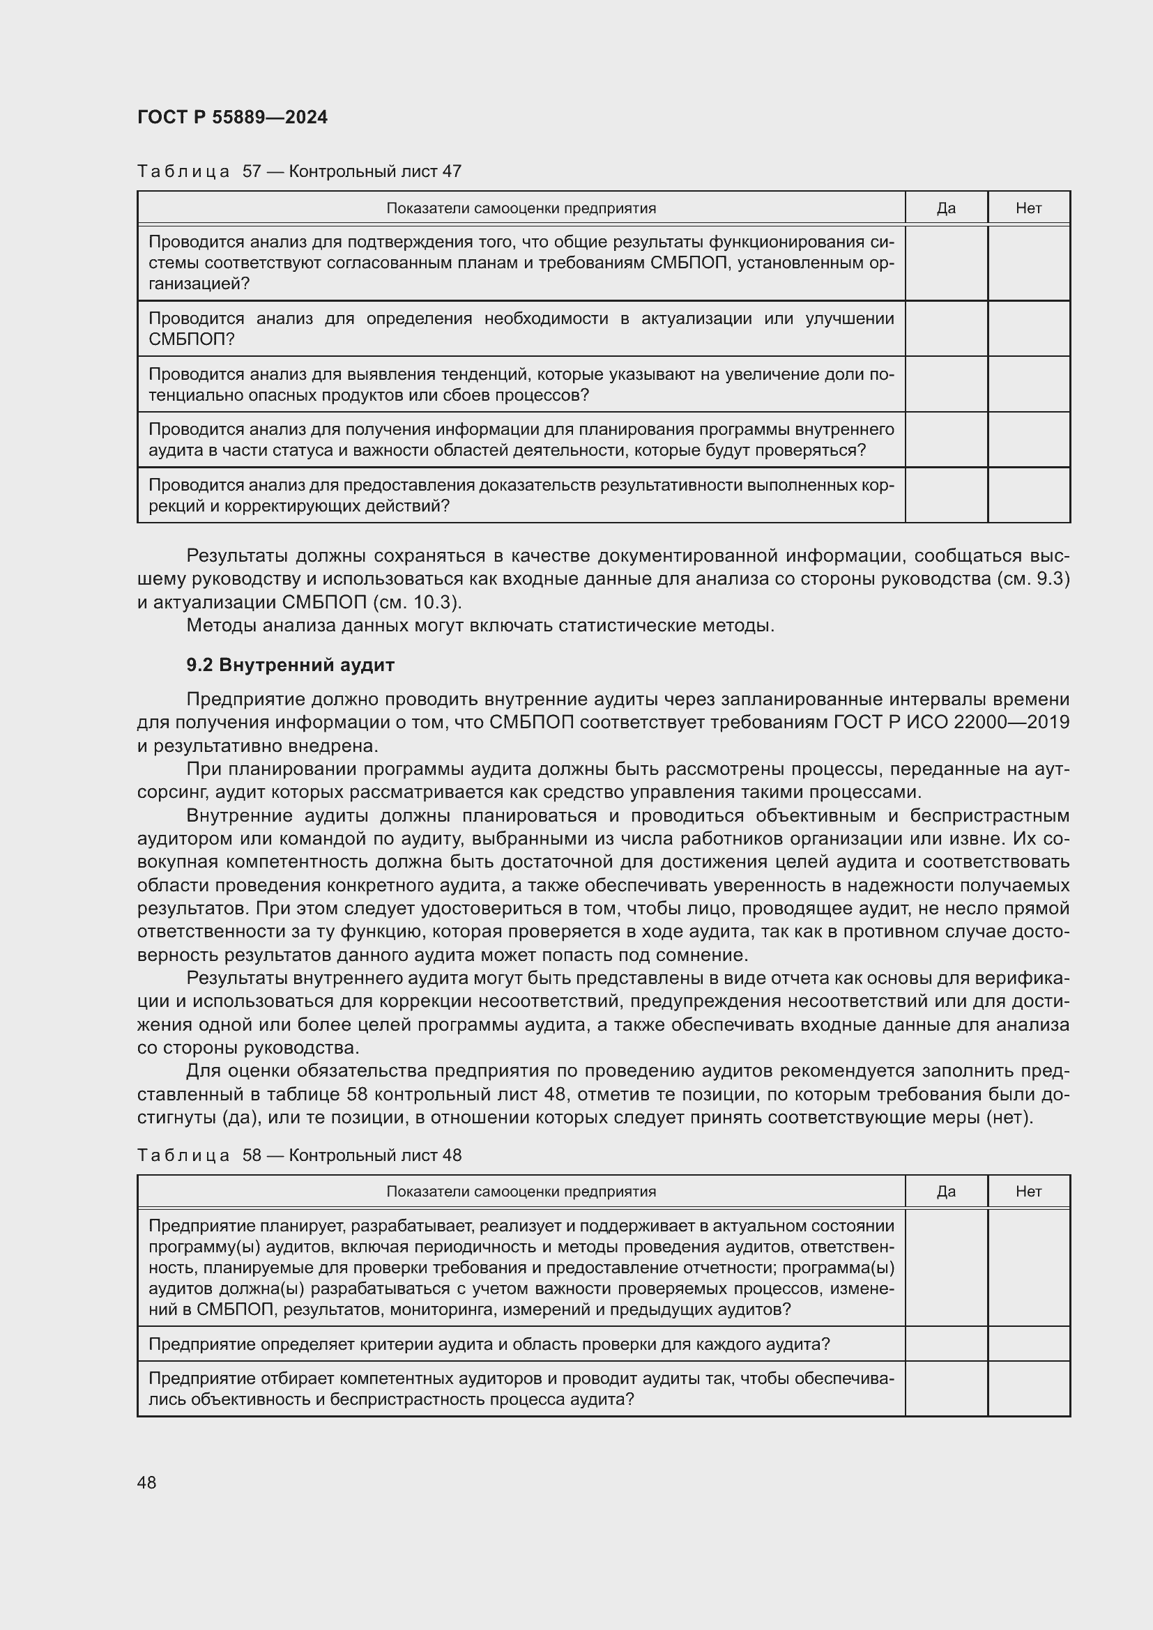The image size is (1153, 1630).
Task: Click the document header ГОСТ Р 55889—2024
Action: pos(232,117)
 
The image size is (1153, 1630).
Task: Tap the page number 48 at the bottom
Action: pos(147,1482)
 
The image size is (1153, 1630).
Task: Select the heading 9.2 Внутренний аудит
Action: pos(290,666)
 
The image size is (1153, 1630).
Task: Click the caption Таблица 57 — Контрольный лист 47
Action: pos(299,171)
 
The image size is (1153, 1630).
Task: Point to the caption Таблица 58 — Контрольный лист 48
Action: pos(299,1155)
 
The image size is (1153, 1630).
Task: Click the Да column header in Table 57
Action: pos(946,208)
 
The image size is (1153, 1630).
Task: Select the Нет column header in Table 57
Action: pos(1028,208)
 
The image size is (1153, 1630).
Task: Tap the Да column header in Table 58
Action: pos(946,1191)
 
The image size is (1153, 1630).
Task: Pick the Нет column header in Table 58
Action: pos(1028,1191)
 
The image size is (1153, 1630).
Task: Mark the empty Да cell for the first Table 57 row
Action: pos(946,263)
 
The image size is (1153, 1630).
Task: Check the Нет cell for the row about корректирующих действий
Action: pos(1028,495)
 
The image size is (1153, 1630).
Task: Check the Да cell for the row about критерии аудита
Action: pos(946,1344)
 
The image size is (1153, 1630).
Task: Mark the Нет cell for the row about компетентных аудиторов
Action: pos(1028,1389)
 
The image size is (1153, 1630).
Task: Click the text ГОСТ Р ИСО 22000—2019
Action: pos(952,722)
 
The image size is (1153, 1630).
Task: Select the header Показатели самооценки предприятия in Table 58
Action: pos(521,1191)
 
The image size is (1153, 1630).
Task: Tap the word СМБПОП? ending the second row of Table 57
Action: pos(191,339)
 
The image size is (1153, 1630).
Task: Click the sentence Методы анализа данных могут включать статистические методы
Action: pos(480,625)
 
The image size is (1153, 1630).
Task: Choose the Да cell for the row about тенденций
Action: pos(946,384)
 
